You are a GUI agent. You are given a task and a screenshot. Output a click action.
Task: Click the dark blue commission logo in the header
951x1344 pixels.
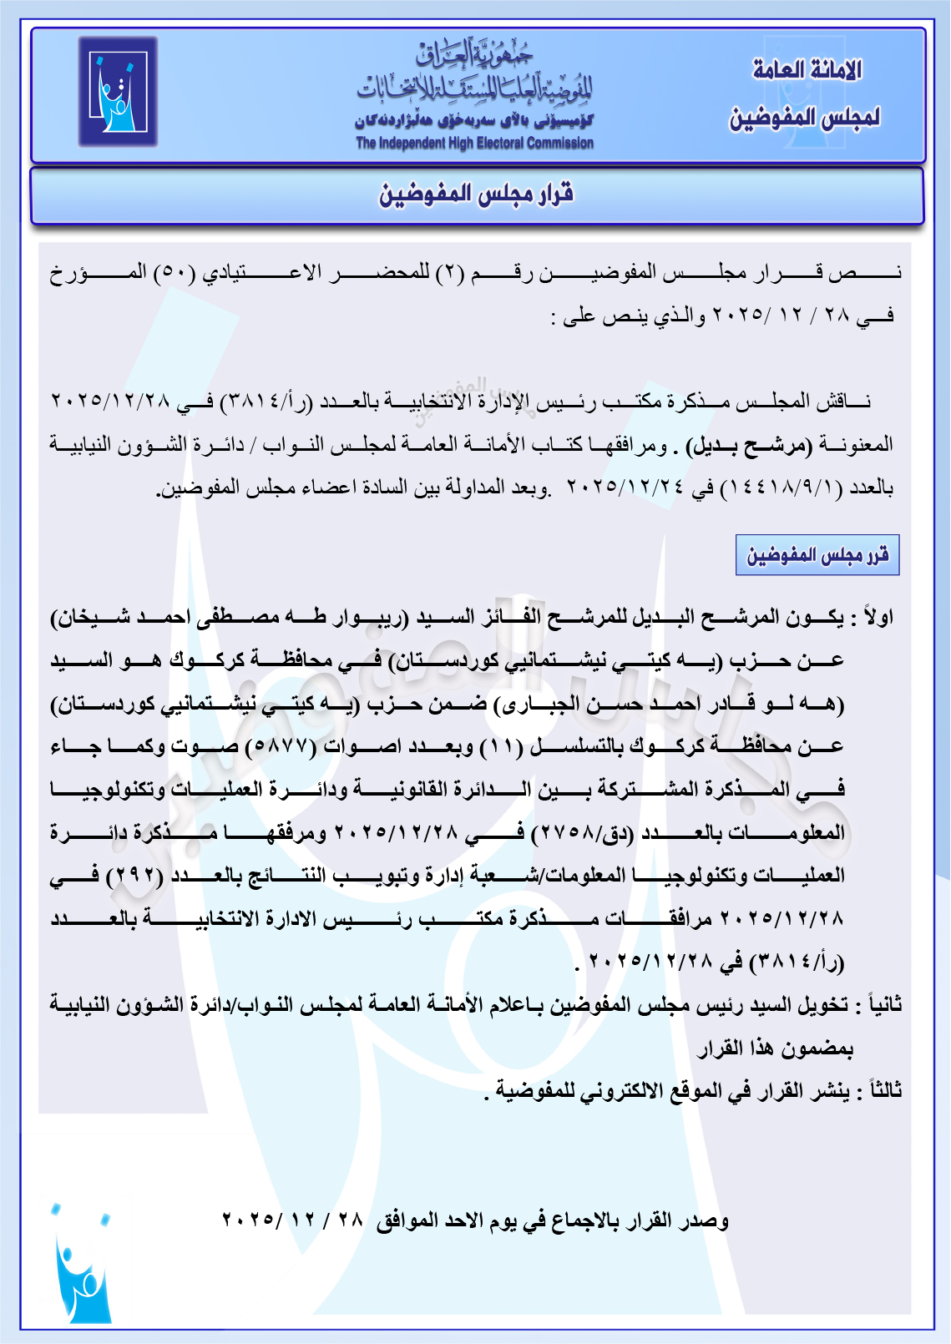[x=118, y=92]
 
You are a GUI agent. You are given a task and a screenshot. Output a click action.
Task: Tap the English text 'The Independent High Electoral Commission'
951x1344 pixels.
[x=474, y=143]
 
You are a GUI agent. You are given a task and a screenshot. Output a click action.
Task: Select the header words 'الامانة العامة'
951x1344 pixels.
[x=807, y=70]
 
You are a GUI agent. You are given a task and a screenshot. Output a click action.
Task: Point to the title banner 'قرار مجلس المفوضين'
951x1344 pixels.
[x=477, y=195]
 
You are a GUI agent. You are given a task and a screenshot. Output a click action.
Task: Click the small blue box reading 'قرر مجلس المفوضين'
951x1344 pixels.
[x=817, y=555]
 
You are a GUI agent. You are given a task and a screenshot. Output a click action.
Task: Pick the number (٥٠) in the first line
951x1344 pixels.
[x=175, y=273]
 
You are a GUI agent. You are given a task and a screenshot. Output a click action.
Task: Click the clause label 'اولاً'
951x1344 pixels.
[x=878, y=618]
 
